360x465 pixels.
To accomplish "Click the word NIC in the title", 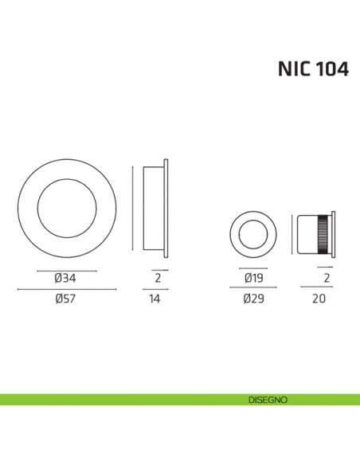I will (294, 69).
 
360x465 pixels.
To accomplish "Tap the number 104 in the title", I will (330, 69).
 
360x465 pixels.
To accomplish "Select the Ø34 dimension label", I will (65, 279).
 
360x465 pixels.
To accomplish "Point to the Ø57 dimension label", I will (65, 300).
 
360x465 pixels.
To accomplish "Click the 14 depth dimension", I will (155, 300).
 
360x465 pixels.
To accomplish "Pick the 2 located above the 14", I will (158, 279).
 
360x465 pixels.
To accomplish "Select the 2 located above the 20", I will (327, 279).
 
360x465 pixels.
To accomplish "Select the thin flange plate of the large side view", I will (166, 209).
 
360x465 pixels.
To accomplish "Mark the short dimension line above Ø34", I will (66, 271).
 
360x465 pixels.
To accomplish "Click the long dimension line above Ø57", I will (66, 291).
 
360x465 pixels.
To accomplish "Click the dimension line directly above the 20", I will (319, 291).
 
